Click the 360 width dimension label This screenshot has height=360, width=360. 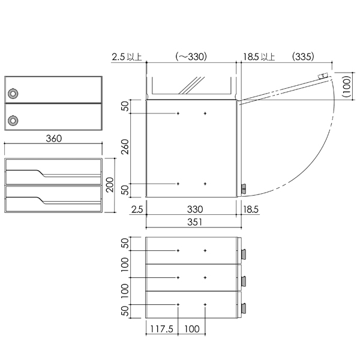pos(54,139)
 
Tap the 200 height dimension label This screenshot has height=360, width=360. pos(110,185)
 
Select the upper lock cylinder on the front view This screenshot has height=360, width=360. pos(13,94)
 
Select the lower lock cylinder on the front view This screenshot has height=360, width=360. pos(13,121)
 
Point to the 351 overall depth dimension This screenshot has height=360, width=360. pos(194,222)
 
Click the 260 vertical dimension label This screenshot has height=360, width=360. pos(125,147)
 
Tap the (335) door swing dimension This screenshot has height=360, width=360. pos(303,56)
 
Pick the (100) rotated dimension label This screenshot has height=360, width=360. pos(347,86)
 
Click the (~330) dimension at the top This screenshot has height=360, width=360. pos(191,56)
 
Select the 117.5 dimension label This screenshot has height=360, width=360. pos(161,329)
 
